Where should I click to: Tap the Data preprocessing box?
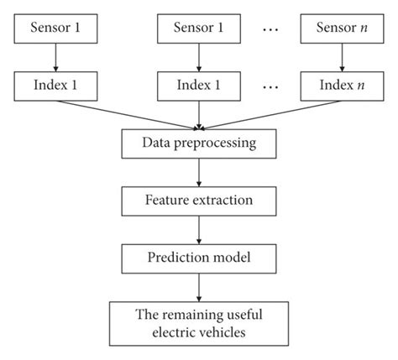tap(198, 143)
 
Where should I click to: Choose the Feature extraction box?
tap(198, 201)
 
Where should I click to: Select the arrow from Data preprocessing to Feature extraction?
tap(198, 172)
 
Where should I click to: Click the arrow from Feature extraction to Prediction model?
tap(198, 230)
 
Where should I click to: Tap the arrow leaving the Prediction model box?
tap(198, 287)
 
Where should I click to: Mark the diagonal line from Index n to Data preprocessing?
tap(269, 114)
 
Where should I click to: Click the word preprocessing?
tap(216, 143)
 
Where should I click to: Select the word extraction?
tap(221, 201)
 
